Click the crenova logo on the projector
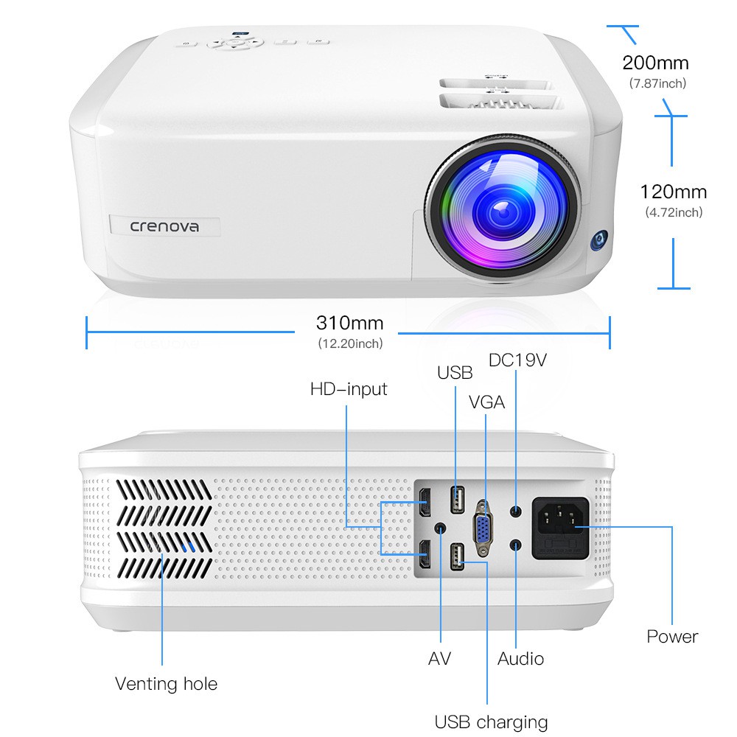(164, 226)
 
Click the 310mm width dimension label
(349, 323)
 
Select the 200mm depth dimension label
(655, 63)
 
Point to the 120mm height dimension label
(674, 192)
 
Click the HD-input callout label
(349, 389)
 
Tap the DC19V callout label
(517, 360)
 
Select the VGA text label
(486, 402)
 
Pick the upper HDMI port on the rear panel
(425, 503)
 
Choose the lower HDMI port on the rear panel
(425, 554)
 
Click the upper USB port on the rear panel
(458, 499)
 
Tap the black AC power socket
(560, 528)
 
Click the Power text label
(672, 637)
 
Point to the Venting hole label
(167, 683)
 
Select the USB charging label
(491, 722)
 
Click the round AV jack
(441, 528)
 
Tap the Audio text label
(521, 658)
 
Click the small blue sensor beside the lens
(599, 240)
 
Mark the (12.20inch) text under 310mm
(350, 343)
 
